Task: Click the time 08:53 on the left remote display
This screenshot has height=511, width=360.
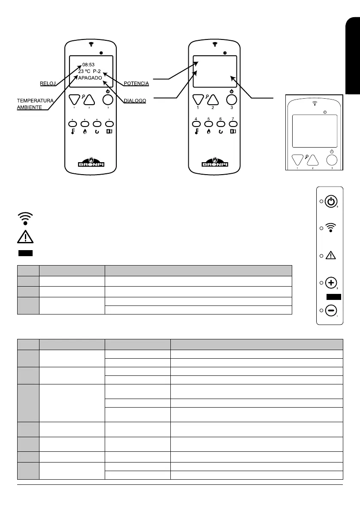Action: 88,65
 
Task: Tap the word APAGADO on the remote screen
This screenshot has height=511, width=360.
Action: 90,79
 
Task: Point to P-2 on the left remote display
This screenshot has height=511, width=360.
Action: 95,72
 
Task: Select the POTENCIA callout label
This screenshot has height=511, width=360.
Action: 136,83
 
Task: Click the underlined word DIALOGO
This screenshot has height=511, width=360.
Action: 135,101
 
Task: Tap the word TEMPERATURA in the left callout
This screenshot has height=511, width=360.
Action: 35,100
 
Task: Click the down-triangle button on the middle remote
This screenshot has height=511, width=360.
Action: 198,99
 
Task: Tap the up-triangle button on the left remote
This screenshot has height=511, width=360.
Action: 89,100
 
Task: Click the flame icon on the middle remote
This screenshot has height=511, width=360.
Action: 209,132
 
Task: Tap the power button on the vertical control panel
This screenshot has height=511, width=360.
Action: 330,201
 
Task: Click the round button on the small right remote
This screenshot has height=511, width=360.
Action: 331,160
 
